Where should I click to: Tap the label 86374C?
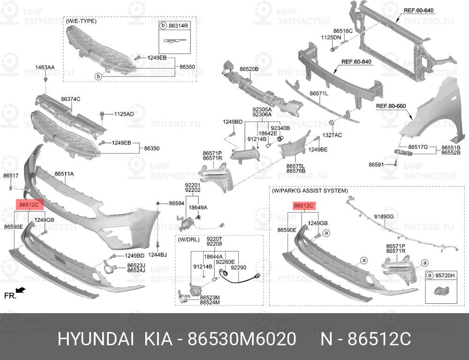(71, 99)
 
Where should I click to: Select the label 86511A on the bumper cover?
(64, 174)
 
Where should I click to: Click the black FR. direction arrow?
(21, 290)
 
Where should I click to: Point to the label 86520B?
(249, 69)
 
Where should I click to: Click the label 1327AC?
(332, 135)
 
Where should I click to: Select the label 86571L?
(319, 94)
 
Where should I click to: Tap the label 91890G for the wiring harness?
(384, 217)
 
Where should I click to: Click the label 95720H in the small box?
(445, 275)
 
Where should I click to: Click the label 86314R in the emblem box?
(178, 26)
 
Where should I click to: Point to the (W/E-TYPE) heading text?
(81, 21)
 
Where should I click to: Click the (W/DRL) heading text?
(189, 240)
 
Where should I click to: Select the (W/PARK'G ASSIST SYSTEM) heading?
(310, 190)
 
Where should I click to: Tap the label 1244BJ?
(157, 255)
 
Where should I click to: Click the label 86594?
(176, 203)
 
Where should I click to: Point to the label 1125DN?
(331, 37)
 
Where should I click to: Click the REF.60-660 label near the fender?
(391, 106)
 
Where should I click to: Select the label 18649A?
(198, 208)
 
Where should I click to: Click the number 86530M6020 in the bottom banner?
(242, 339)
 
